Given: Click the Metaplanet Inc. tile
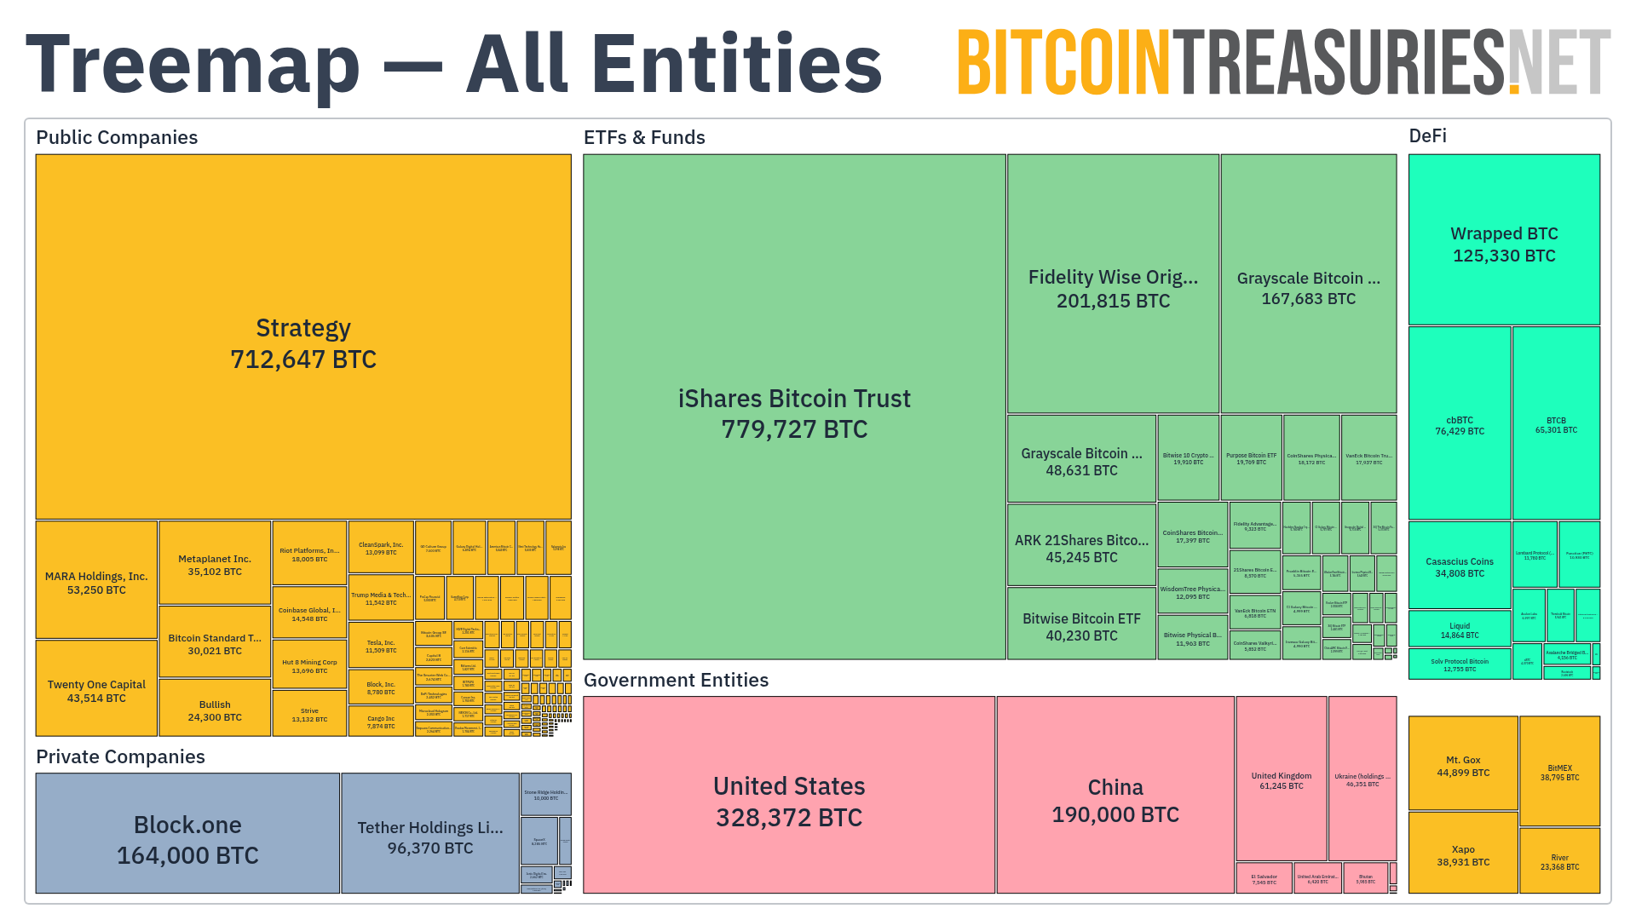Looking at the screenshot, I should click(215, 564).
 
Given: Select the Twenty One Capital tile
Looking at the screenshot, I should click(96, 690).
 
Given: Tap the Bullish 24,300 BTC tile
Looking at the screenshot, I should click(215, 710).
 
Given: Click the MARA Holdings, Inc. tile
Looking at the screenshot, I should click(96, 582).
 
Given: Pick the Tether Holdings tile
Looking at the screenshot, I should click(430, 837).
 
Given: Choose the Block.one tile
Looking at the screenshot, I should click(187, 838).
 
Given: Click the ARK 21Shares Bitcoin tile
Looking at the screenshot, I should click(1081, 548).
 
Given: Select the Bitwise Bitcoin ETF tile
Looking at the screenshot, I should click(1081, 626).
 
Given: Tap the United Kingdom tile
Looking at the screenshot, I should click(1281, 779).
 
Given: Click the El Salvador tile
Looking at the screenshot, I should click(1264, 878).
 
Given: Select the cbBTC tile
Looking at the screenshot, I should click(1459, 425).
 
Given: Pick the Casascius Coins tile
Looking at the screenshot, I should click(1459, 566).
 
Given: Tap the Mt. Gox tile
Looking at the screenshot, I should click(1463, 765).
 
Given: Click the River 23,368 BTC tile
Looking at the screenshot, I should click(1559, 861).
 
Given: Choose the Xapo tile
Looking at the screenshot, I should click(1463, 854).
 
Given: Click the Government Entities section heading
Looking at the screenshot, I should click(676, 680).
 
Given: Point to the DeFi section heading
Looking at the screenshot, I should click(1427, 136).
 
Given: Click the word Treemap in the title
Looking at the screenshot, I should click(193, 65).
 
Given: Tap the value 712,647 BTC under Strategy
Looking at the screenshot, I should click(303, 359).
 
